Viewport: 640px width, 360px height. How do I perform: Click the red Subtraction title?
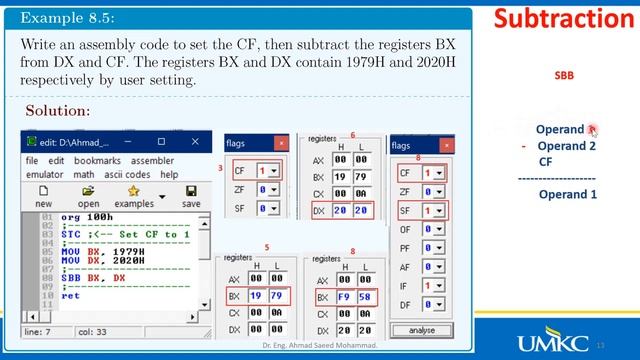click(564, 19)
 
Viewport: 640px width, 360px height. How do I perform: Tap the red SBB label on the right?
click(564, 75)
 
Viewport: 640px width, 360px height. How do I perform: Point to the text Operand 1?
click(567, 194)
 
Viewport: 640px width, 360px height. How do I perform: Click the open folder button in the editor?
click(88, 196)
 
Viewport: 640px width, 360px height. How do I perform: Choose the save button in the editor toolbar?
click(190, 196)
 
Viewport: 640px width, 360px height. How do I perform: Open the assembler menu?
click(152, 161)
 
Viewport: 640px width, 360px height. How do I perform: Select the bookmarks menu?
click(97, 161)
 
